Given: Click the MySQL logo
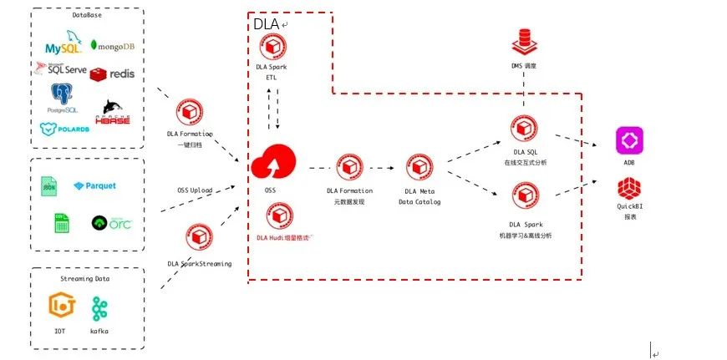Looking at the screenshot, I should click(64, 43).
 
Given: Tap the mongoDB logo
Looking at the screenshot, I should click(112, 46).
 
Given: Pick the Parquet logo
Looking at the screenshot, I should click(95, 185).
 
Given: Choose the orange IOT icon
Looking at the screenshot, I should click(61, 307).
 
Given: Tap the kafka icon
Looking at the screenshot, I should click(100, 307).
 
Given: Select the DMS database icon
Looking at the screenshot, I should click(524, 40).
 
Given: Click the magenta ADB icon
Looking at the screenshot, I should click(628, 140).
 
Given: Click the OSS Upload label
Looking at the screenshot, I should click(195, 190).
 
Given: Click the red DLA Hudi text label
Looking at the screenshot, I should click(282, 238).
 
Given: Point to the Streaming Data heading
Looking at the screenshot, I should click(86, 278).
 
